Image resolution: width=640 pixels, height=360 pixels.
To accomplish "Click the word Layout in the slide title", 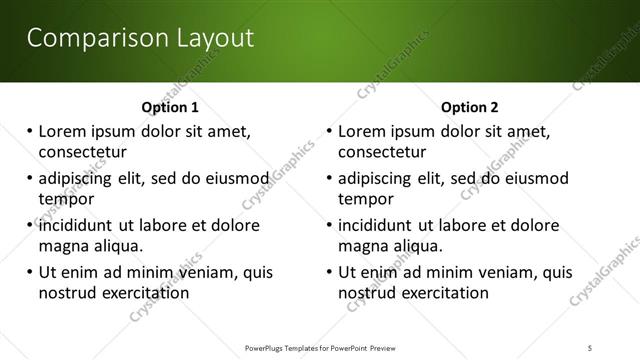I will point(208,38).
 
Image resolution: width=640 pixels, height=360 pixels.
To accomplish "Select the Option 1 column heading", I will point(170,107).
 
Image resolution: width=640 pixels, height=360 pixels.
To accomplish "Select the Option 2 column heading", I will point(470,107).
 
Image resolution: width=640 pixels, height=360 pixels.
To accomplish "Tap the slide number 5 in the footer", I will point(591,347).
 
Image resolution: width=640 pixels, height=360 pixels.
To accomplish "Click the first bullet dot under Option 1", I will point(31,132).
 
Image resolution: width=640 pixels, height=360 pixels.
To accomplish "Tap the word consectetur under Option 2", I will point(382,153).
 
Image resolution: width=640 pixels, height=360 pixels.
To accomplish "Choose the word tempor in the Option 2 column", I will point(364,199).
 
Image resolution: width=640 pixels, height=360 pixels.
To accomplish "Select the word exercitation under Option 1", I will point(140,293).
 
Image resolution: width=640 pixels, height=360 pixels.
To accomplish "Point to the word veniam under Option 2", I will point(502,272).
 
